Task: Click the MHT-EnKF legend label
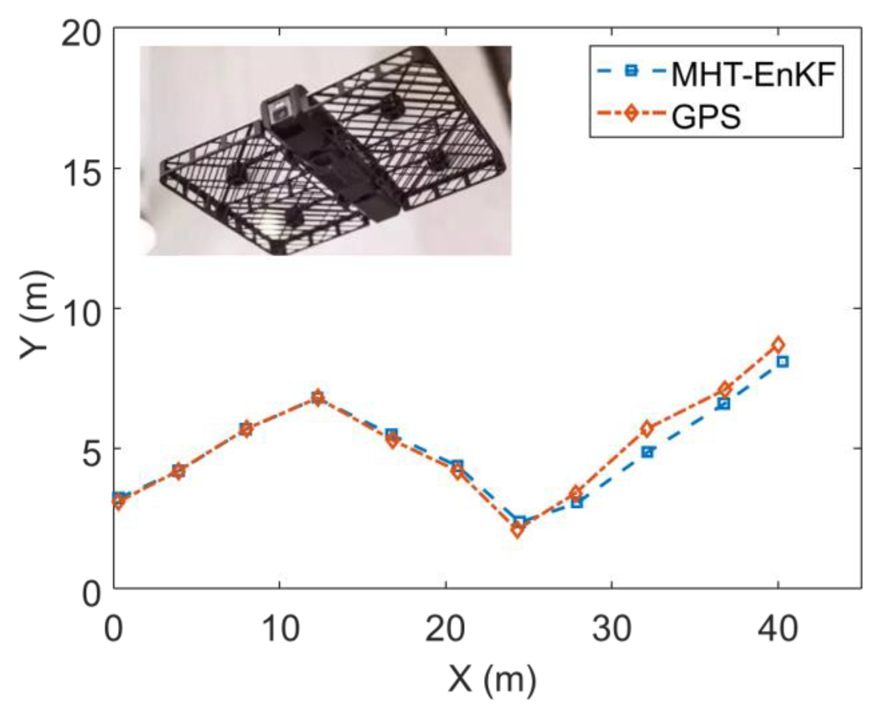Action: click(x=753, y=74)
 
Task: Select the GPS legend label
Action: click(x=705, y=116)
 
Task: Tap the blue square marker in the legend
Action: click(x=631, y=70)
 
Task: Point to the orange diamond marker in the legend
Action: click(x=631, y=114)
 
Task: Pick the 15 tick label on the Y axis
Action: click(x=81, y=169)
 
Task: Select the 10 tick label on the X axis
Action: click(x=279, y=630)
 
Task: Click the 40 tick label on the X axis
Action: click(x=778, y=630)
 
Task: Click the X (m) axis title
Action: click(x=492, y=679)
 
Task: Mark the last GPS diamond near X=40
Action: click(x=778, y=345)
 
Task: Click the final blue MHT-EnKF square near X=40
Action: click(x=783, y=362)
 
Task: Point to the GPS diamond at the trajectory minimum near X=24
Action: click(x=517, y=530)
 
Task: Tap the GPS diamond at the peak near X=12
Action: click(x=317, y=398)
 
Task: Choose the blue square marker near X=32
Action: click(x=648, y=452)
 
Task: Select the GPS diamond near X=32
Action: click(x=648, y=429)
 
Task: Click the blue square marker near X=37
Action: click(x=724, y=404)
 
